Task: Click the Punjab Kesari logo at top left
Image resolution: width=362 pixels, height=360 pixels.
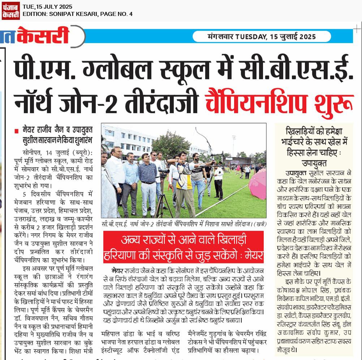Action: click(x=10, y=10)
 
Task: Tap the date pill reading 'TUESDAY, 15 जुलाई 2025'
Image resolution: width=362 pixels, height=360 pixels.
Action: click(x=262, y=36)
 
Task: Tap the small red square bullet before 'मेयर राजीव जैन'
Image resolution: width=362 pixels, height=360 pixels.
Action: click(x=16, y=130)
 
